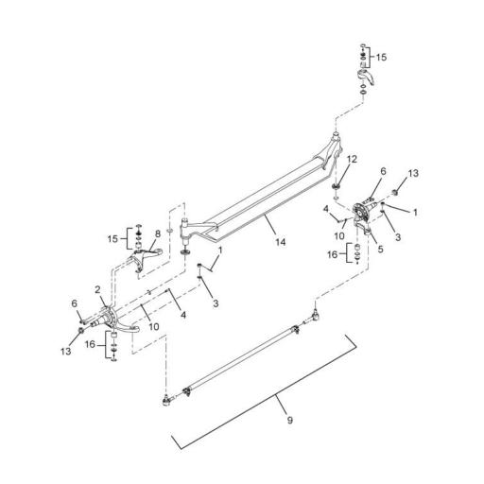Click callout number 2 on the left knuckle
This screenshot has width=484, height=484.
tap(96, 289)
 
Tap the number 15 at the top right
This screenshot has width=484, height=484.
tap(381, 58)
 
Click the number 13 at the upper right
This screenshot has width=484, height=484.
tap(412, 173)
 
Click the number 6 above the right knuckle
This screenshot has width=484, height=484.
tap(384, 171)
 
